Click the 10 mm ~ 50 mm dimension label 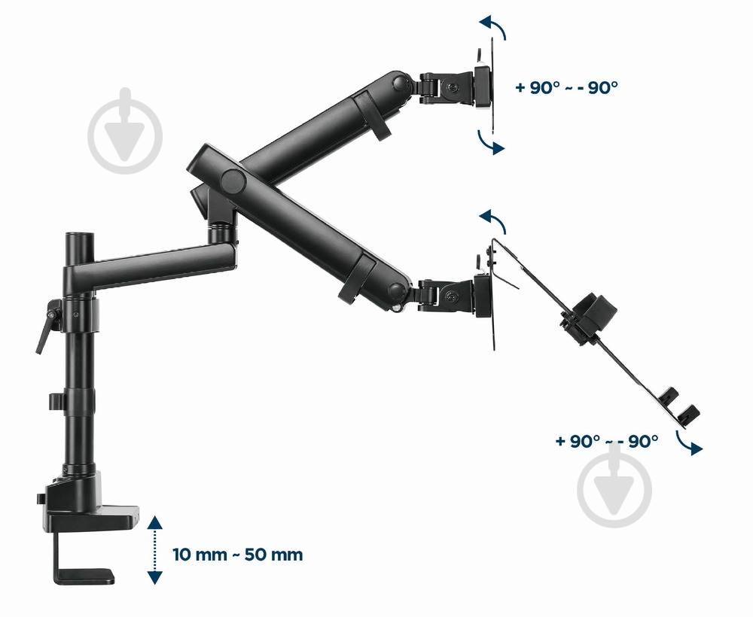point(238,555)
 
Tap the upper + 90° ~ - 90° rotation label point(566,87)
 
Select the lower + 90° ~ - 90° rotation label point(606,441)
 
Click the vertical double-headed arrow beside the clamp point(154,550)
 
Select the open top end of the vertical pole point(80,236)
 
